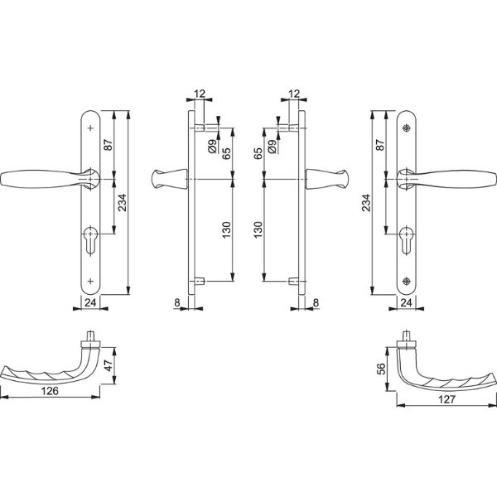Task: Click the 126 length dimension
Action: click(50, 391)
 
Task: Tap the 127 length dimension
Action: click(446, 399)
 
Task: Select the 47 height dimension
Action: click(109, 365)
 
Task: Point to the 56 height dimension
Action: click(381, 369)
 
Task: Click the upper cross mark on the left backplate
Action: click(90, 128)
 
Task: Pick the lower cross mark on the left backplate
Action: click(90, 281)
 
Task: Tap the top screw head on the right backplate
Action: click(406, 128)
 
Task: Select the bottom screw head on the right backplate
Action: click(406, 281)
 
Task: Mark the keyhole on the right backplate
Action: click(406, 240)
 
